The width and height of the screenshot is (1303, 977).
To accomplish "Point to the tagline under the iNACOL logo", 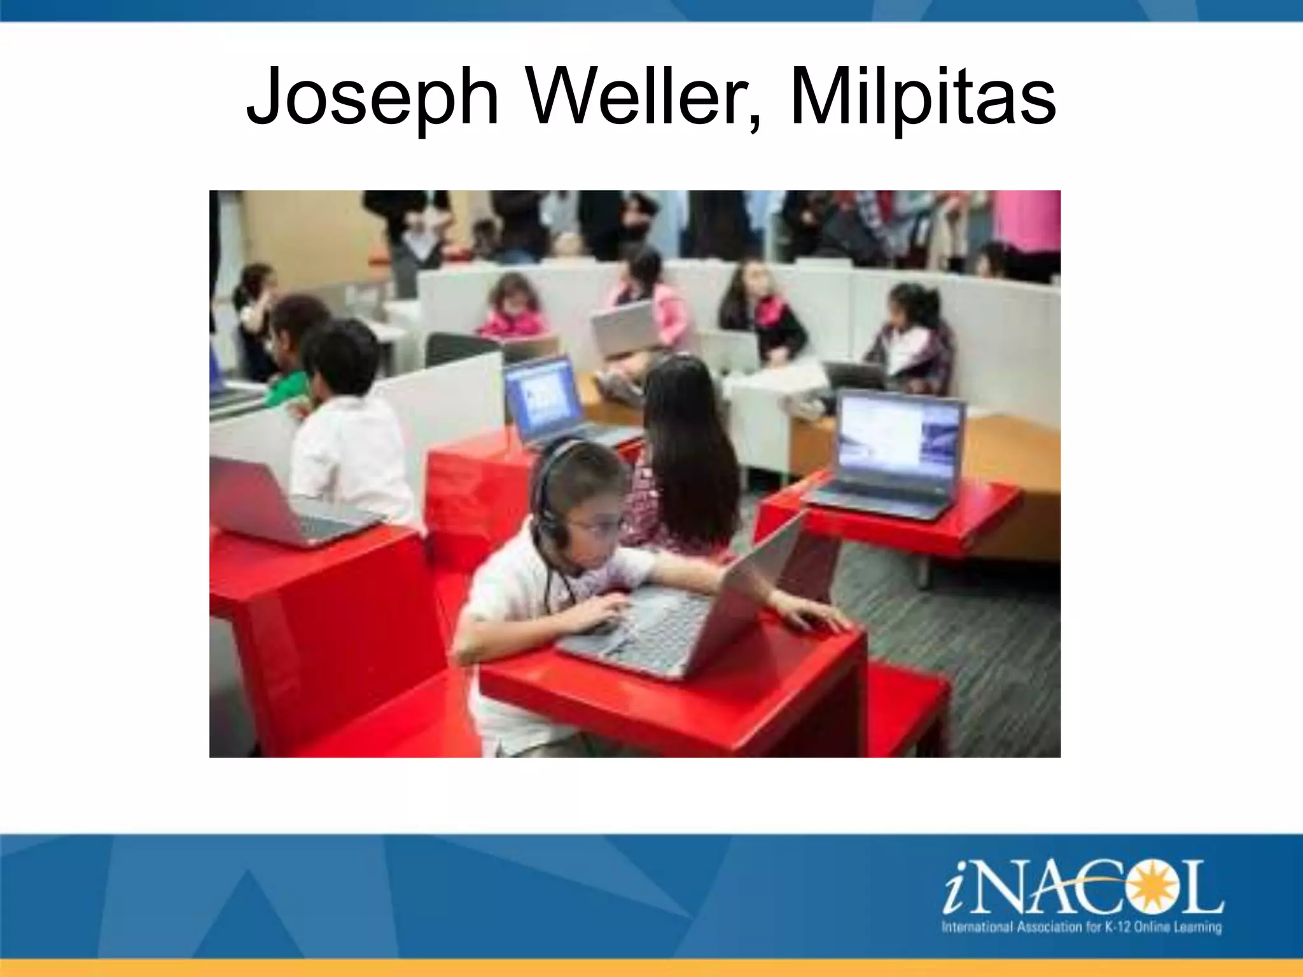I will [1082, 927].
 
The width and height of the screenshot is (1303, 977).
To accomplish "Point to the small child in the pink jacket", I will [512, 312].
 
